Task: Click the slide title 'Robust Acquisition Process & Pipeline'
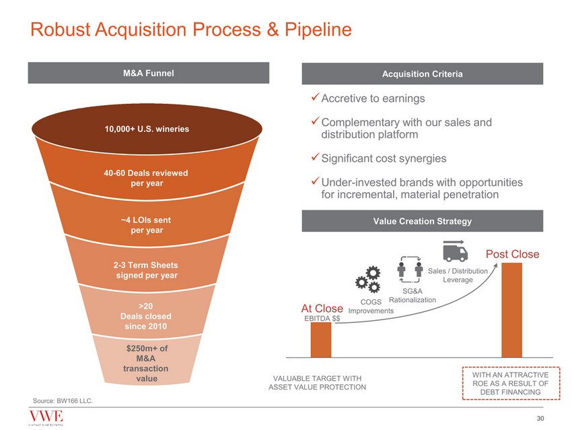click(188, 30)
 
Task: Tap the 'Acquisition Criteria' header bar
click(422, 73)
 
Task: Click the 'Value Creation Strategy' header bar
click(422, 221)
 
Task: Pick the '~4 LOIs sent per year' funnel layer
click(146, 224)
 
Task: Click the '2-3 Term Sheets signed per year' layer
click(146, 270)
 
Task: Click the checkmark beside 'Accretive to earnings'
click(315, 98)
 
